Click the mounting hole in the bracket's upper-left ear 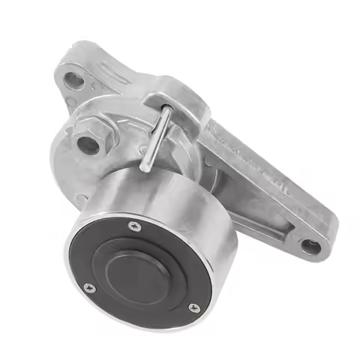coord(74,77)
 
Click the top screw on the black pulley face coord(134,226)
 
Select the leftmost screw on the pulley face coord(90,286)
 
